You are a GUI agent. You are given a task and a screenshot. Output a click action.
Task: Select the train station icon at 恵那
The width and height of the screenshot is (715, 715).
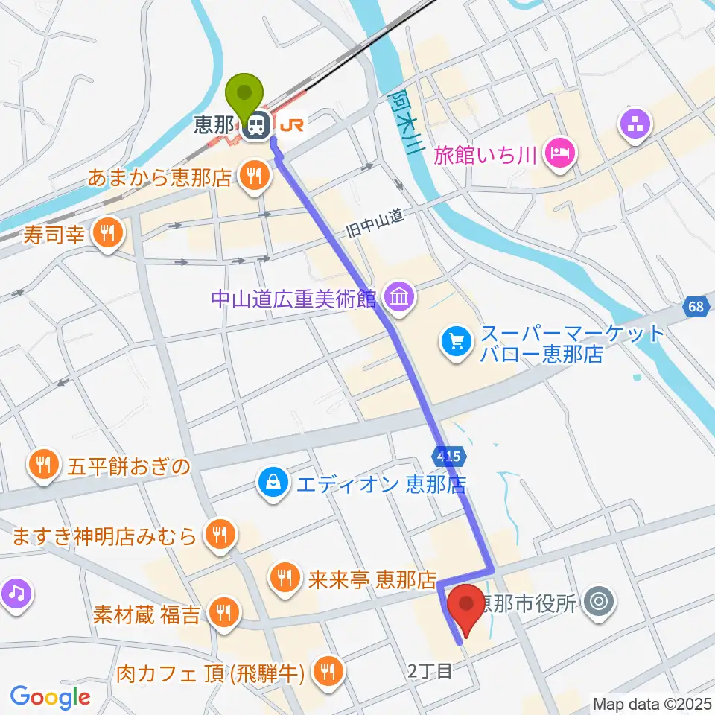point(258,125)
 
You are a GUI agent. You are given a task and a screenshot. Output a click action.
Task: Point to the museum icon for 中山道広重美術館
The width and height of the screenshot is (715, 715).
point(400,298)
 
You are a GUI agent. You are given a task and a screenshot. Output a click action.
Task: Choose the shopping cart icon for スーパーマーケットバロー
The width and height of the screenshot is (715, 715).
point(456,342)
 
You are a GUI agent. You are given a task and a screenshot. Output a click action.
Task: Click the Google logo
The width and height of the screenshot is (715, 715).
point(50,698)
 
